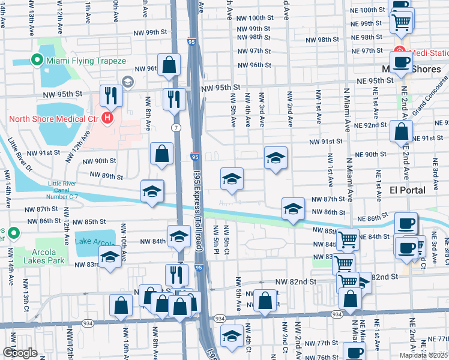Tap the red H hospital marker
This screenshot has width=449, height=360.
pos(107,117)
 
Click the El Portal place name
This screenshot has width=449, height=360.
pos(408,190)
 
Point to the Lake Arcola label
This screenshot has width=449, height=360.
pos(95,242)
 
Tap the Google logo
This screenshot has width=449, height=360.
pos(20,353)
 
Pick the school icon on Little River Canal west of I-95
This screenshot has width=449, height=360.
pos(152,191)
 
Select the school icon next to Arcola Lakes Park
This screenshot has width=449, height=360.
pos(109,258)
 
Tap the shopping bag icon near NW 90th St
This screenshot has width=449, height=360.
pos(161,154)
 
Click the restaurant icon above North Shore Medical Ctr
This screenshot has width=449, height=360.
pos(112,95)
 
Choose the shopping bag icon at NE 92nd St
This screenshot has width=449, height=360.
pos(401,131)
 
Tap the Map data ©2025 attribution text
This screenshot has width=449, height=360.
pos(423,355)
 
